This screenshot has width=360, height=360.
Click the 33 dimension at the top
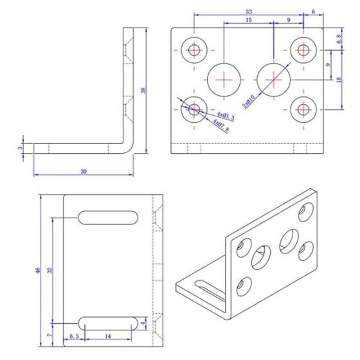(248, 12)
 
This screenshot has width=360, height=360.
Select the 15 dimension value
(248, 21)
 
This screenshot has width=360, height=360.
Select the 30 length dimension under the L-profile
(83, 171)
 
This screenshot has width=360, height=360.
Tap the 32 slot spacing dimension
(50, 271)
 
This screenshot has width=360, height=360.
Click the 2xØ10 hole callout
(248, 100)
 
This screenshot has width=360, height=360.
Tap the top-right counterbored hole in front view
(301, 50)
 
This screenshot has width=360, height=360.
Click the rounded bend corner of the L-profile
(129, 148)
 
